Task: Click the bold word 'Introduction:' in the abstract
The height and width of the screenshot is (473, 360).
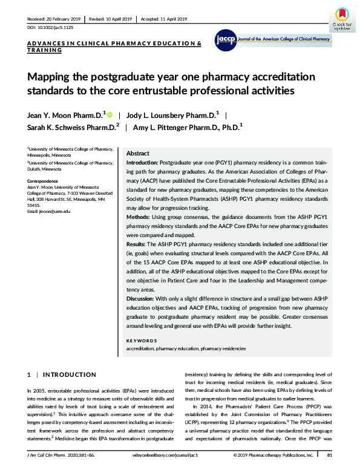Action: [142, 164]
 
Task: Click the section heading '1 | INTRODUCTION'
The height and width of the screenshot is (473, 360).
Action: [62, 375]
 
